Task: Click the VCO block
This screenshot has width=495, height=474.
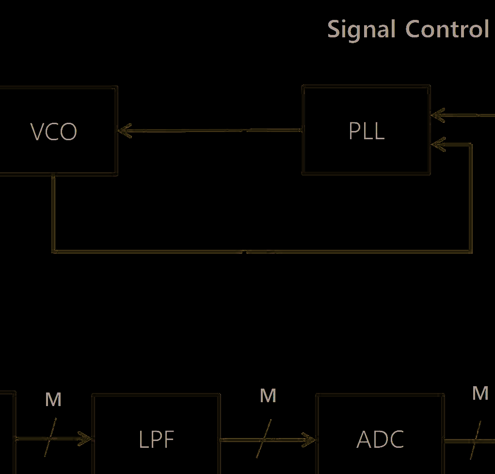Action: pyautogui.click(x=53, y=131)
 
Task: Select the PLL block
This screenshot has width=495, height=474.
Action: pyautogui.click(x=367, y=131)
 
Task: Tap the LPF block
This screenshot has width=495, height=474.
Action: pyautogui.click(x=156, y=440)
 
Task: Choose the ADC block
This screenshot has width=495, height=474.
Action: pyautogui.click(x=380, y=440)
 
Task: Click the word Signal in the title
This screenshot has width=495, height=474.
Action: pyautogui.click(x=361, y=30)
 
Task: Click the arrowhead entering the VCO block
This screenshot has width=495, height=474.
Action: pyautogui.click(x=125, y=131)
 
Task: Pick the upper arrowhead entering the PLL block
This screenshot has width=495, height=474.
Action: pyautogui.click(x=438, y=115)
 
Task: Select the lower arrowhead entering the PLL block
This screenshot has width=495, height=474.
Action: pyautogui.click(x=438, y=144)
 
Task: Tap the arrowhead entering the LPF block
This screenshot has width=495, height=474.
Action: pyautogui.click(x=85, y=440)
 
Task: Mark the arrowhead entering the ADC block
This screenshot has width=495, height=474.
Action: pyautogui.click(x=309, y=441)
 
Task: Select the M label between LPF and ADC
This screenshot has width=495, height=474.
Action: pyautogui.click(x=268, y=396)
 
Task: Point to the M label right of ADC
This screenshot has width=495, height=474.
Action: pyautogui.click(x=480, y=393)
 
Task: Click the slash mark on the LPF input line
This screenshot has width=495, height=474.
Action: pyautogui.click(x=50, y=438)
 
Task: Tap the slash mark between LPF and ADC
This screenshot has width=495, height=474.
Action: pyautogui.click(x=262, y=440)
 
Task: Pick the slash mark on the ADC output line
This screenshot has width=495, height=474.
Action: pyautogui.click(x=476, y=441)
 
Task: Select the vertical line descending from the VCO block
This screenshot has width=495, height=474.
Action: pyautogui.click(x=53, y=213)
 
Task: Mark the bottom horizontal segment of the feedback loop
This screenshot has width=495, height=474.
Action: pyautogui.click(x=262, y=252)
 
